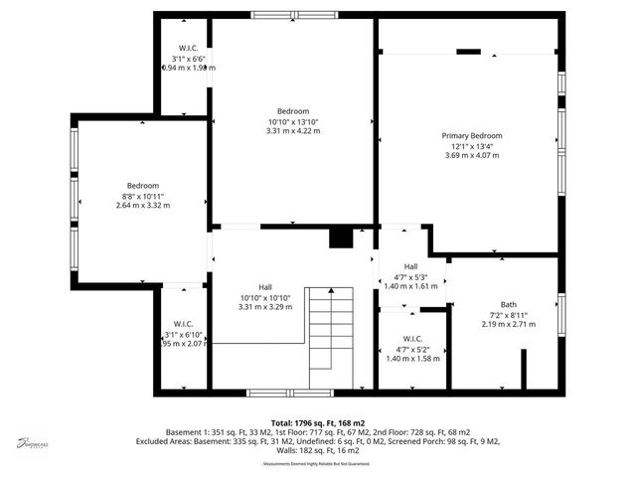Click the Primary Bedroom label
472,135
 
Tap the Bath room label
509,304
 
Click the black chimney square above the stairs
341,238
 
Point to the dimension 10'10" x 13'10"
293,121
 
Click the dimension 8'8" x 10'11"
143,196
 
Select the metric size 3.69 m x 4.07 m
472,155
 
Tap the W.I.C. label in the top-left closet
189,48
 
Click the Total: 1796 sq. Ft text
310,423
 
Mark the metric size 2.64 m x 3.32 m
143,206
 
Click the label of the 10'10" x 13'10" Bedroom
293,110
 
